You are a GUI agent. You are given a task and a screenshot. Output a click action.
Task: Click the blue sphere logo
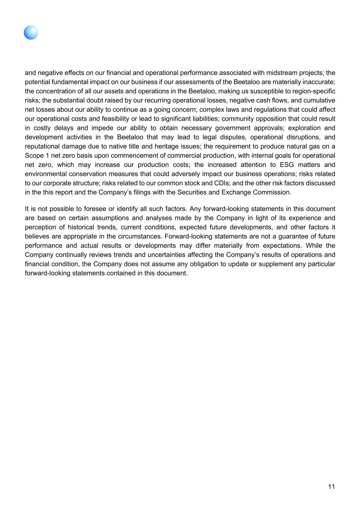point(31,33)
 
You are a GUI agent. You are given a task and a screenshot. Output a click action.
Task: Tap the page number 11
point(331,486)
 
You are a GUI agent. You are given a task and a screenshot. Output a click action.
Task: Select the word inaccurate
point(319,82)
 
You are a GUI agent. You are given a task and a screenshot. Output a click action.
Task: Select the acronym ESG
point(287,165)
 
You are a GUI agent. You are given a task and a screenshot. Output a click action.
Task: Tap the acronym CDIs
point(222,183)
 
